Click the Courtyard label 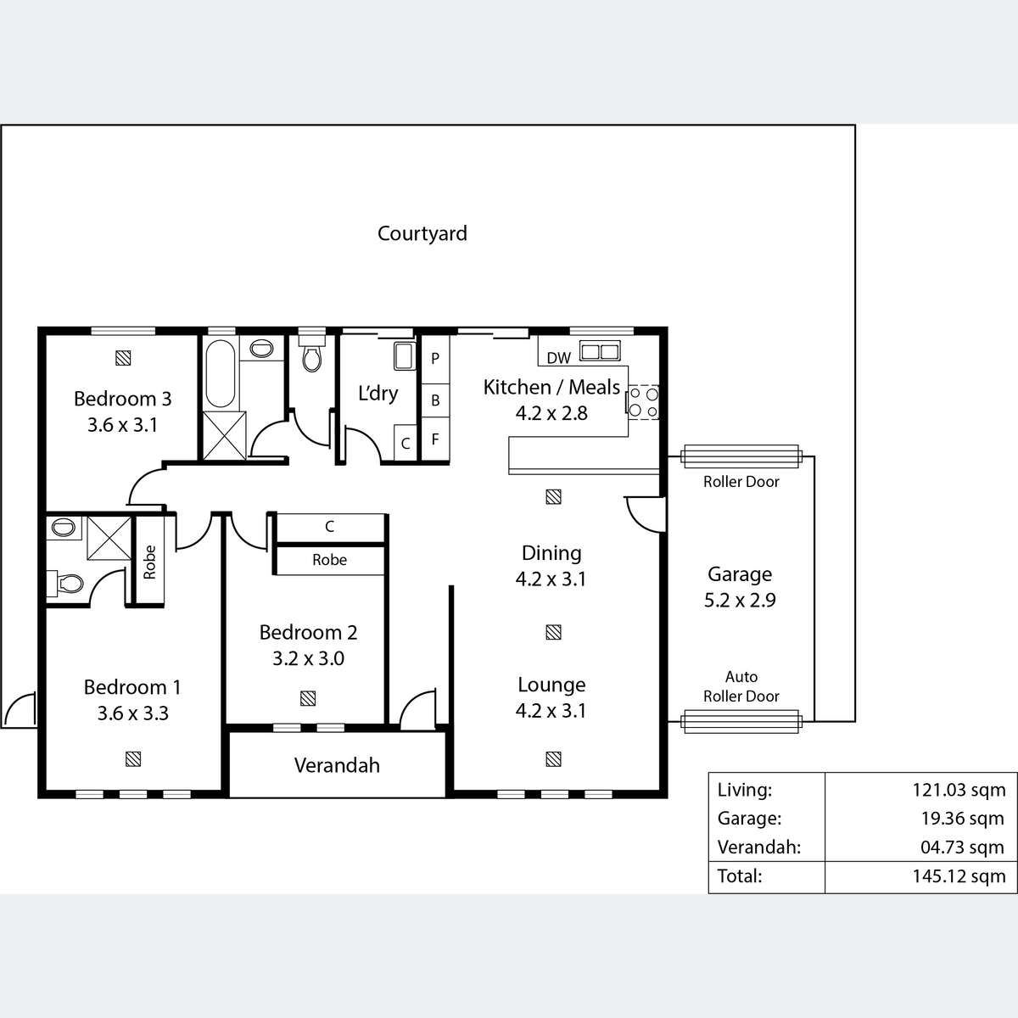coord(422,233)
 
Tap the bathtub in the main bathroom coord(220,373)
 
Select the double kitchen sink coord(600,350)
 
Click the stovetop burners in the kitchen coord(643,402)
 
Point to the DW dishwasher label coord(558,358)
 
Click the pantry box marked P coord(435,359)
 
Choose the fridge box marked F coord(435,439)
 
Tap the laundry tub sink coord(404,355)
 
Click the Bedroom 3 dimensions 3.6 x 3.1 coord(122,425)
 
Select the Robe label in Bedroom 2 coord(330,559)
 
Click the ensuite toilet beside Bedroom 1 coord(65,584)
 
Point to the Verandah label coord(337,765)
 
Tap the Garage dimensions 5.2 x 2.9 coord(740,600)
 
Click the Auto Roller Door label coord(741,686)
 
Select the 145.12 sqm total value coord(959,875)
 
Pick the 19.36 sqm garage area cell coord(963,819)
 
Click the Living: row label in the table coord(744,790)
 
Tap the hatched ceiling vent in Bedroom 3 coord(123,358)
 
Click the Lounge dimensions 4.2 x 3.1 coord(551,711)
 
